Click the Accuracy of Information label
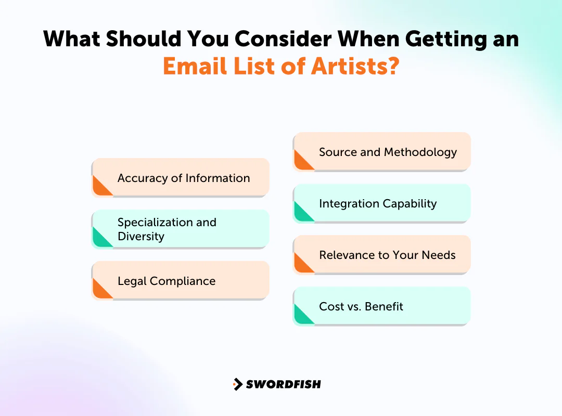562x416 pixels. [x=184, y=178]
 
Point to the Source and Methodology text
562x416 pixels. [x=388, y=152]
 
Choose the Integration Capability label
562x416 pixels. [x=378, y=203]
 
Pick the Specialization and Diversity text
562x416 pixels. [x=167, y=229]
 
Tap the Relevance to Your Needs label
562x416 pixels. [x=387, y=255]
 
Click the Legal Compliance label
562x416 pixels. [x=167, y=281]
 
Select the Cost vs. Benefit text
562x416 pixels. [x=361, y=306]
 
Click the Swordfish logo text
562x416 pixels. [x=284, y=384]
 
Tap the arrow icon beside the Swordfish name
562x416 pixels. [x=238, y=384]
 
